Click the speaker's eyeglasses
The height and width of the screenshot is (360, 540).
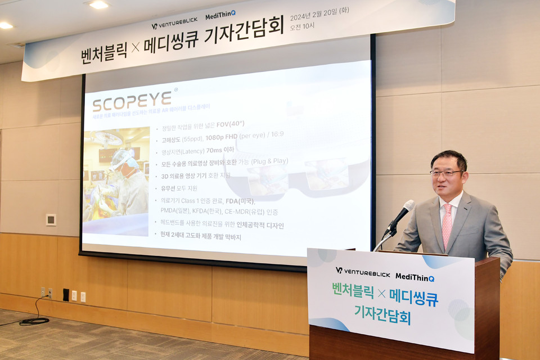(447, 173)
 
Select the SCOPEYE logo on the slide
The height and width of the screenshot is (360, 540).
(132, 101)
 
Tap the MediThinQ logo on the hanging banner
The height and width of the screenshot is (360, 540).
(220, 16)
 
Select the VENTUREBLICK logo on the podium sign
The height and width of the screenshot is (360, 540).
(362, 272)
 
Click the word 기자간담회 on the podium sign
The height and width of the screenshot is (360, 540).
(382, 314)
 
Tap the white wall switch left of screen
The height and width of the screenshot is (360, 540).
(51, 219)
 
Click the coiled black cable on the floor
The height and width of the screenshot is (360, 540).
(34, 321)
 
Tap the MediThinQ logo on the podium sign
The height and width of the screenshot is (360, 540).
(415, 277)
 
